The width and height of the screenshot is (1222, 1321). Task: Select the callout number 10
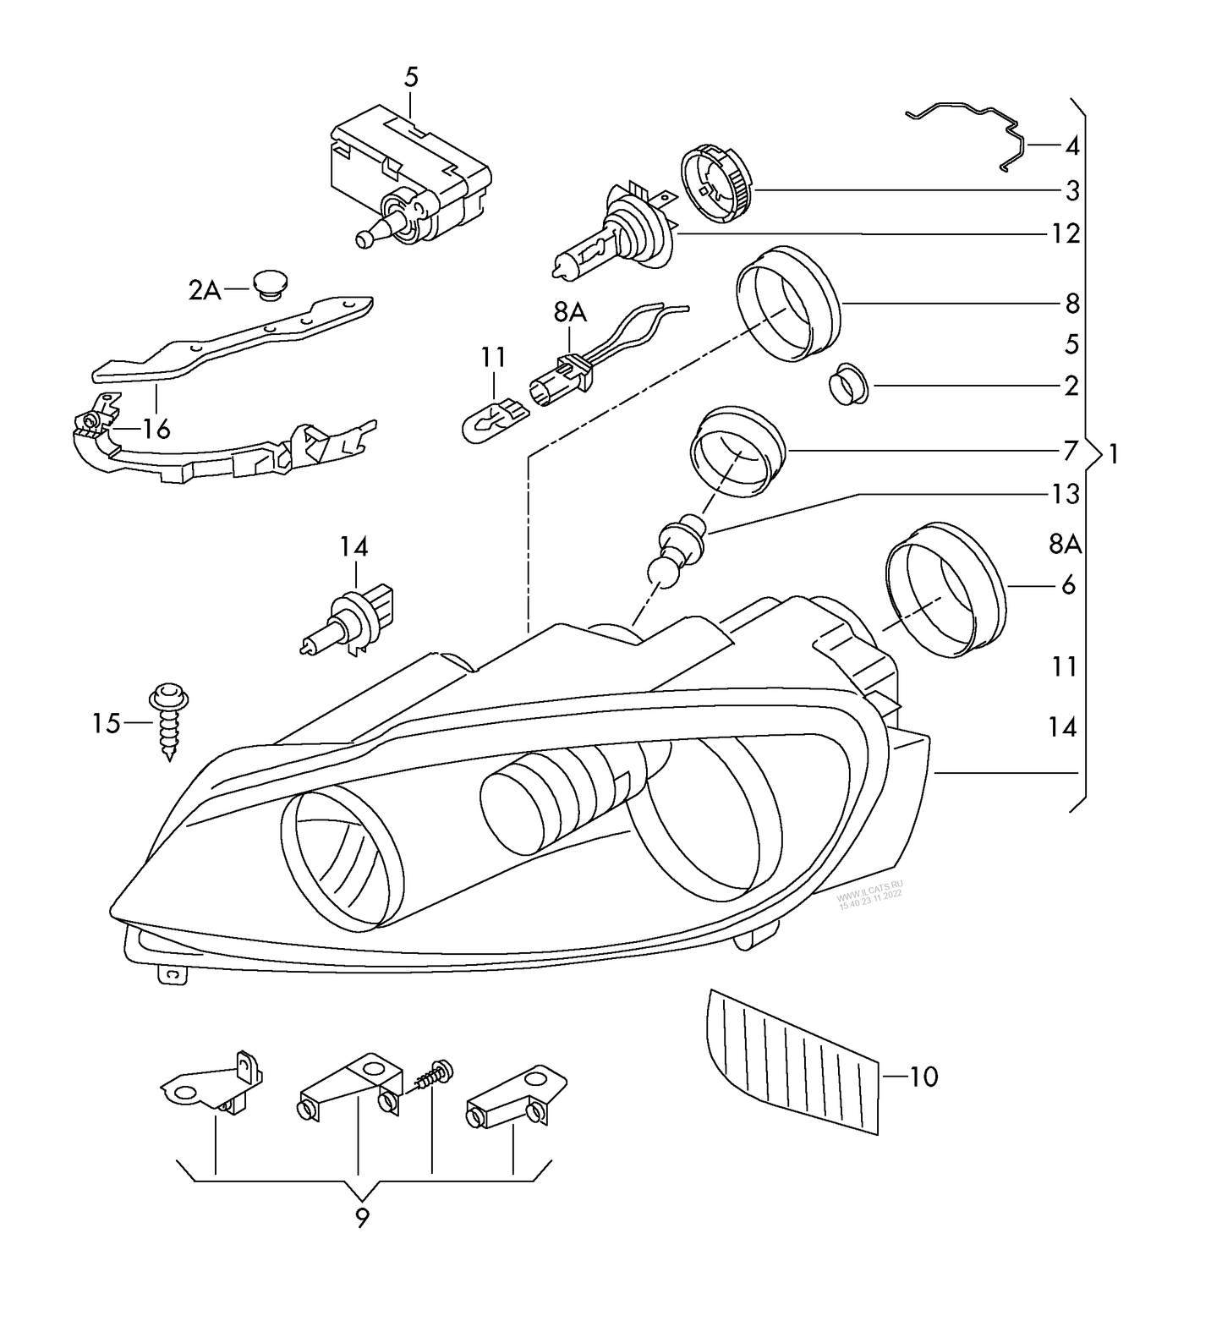pos(924,1077)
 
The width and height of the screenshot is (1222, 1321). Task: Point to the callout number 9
pos(362,1219)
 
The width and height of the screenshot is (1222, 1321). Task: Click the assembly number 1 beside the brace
pos(1114,455)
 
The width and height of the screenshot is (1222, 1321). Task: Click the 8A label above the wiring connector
pos(571,312)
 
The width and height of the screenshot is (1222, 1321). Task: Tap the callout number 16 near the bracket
pos(156,429)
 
